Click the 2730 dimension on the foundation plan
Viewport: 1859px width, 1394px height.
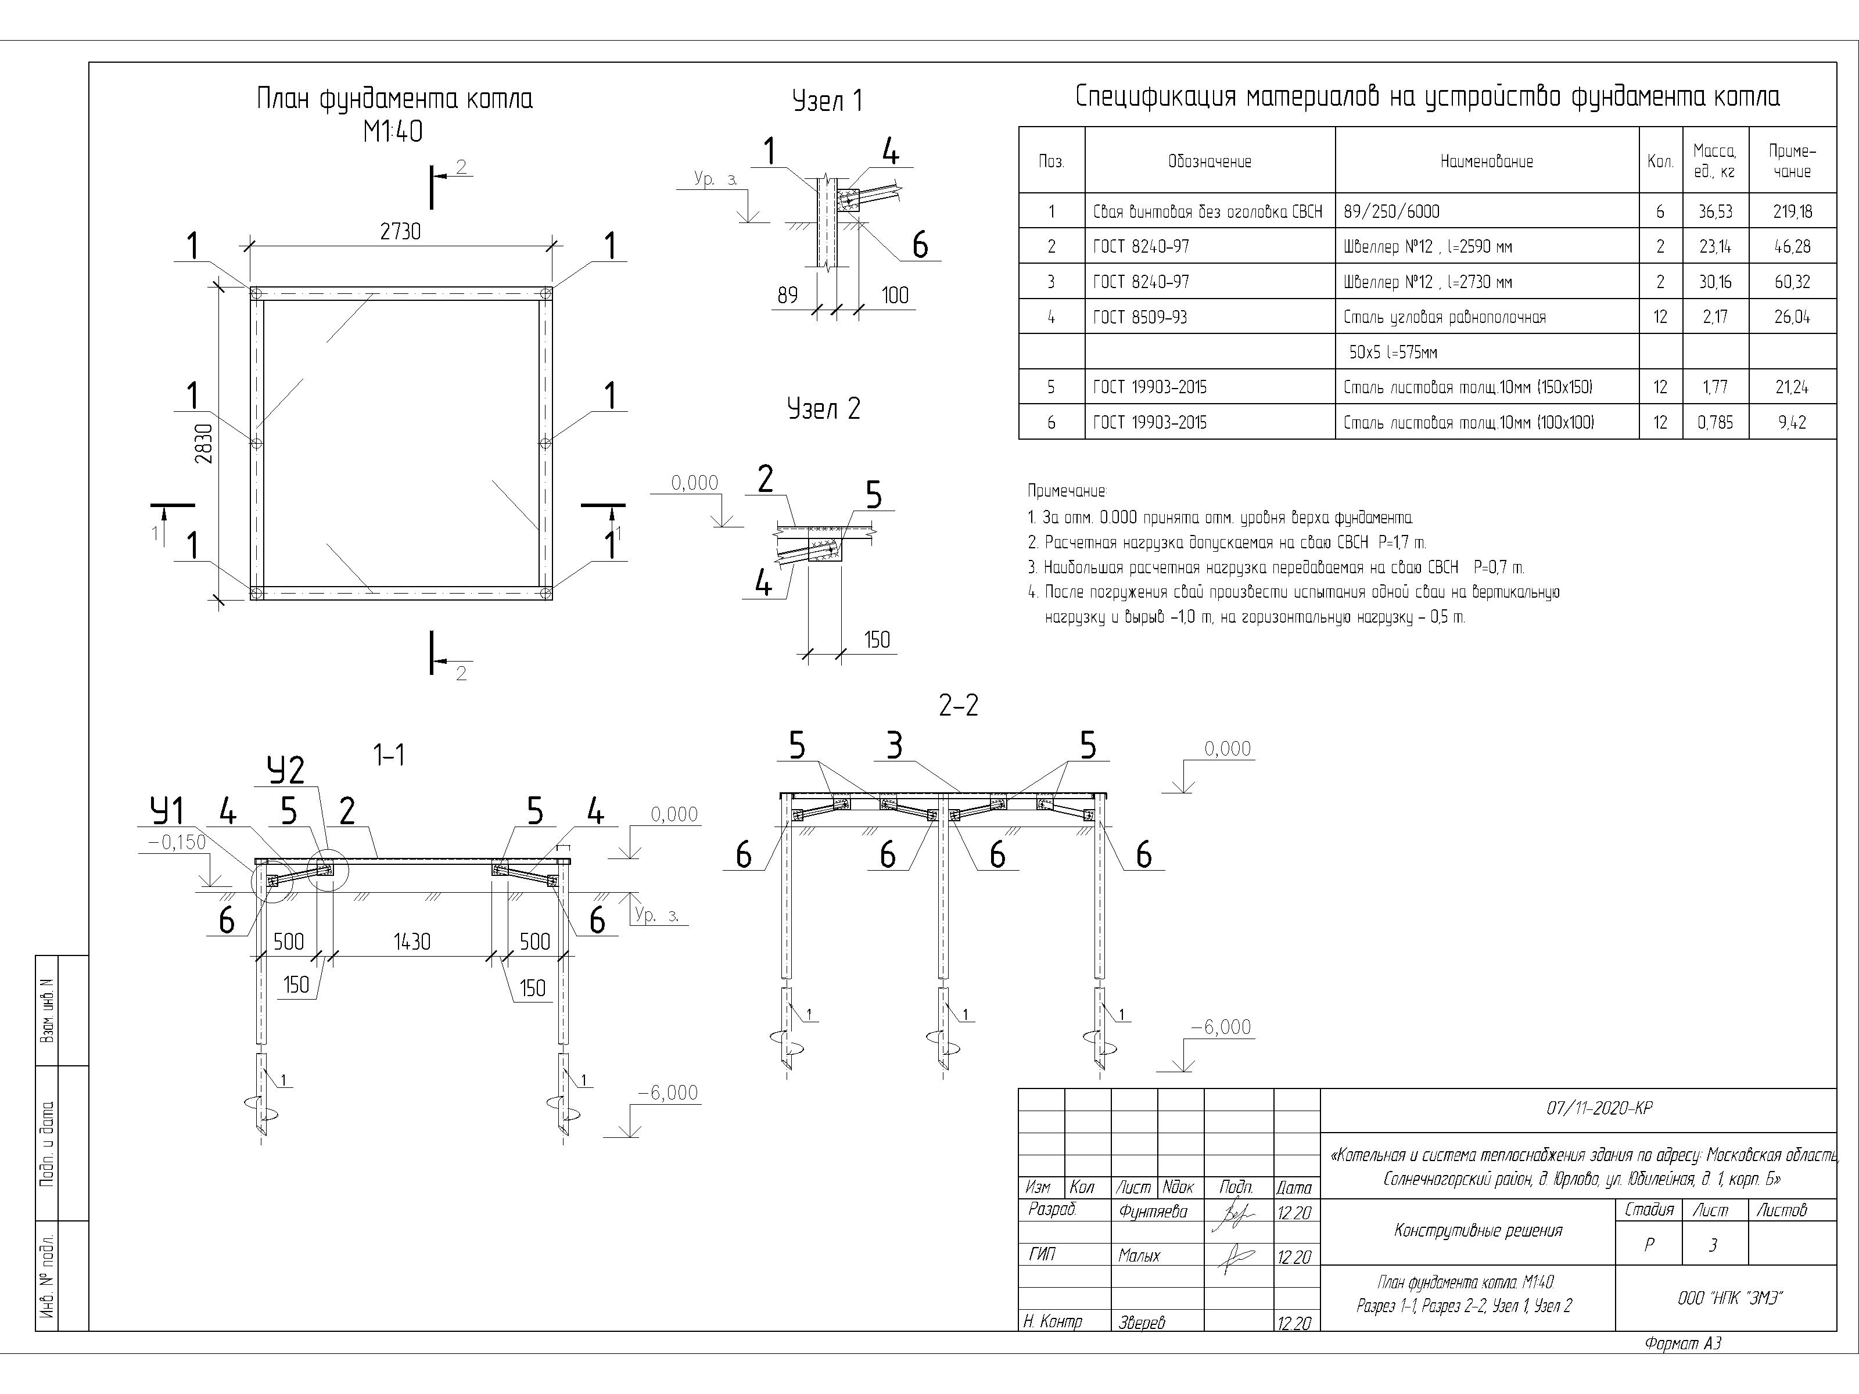click(x=400, y=231)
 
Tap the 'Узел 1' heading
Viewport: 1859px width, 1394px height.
click(x=827, y=102)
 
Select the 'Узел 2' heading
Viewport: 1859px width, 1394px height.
click(x=824, y=409)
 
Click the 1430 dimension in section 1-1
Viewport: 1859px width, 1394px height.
click(x=412, y=942)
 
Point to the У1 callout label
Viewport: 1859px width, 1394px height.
click(x=167, y=811)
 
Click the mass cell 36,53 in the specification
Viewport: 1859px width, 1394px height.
click(x=1714, y=212)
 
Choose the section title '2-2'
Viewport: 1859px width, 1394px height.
click(x=958, y=706)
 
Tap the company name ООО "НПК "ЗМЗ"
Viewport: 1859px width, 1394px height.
click(x=1729, y=1298)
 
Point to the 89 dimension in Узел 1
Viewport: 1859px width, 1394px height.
click(x=788, y=295)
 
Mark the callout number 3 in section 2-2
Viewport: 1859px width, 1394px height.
click(x=894, y=745)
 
